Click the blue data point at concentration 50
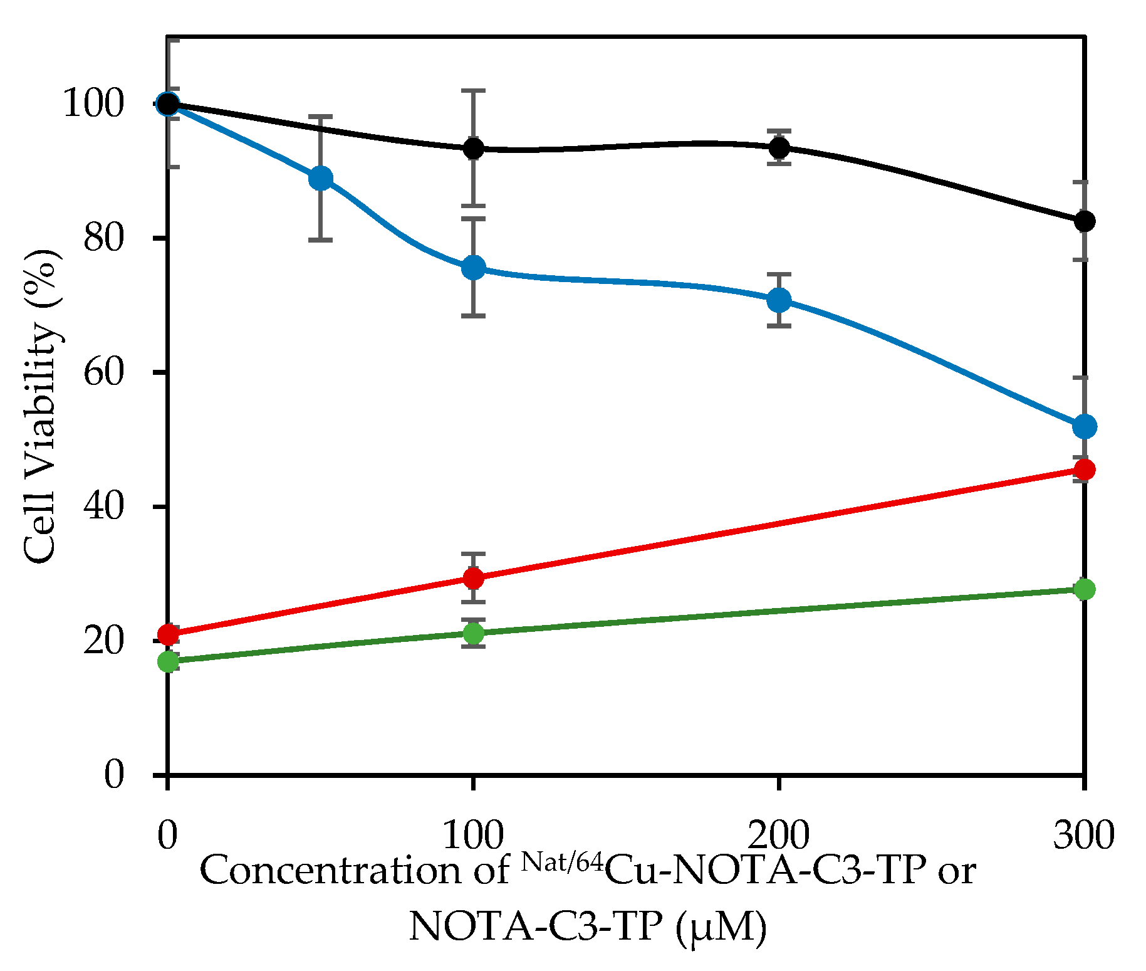321,179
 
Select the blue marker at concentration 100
474,268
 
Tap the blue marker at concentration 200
779,300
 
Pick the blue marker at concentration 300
1084,427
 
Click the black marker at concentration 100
474,149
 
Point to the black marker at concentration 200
779,148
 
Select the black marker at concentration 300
1084,221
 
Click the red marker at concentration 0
168,634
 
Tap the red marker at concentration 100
474,577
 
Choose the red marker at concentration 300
1084,470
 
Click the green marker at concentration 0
168,661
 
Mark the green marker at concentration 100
474,633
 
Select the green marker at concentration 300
1084,589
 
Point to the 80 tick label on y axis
104,238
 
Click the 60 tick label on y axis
104,372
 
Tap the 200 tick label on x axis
779,835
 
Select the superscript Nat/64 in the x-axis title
563,862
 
